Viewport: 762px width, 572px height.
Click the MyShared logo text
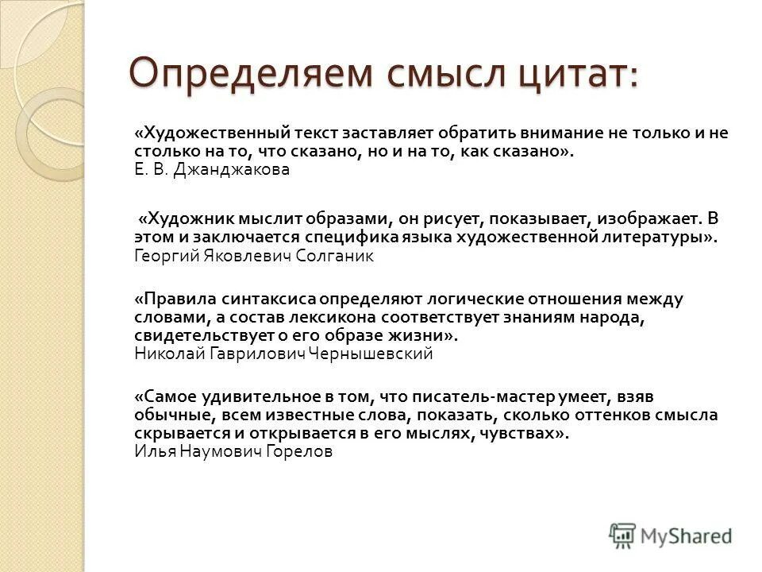(x=687, y=536)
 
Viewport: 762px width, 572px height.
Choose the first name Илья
(x=149, y=452)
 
